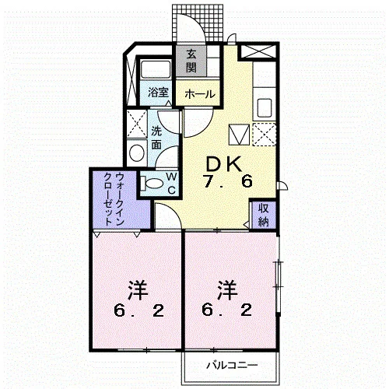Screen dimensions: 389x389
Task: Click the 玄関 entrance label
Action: [191, 61]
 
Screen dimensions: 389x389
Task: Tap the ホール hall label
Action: [200, 94]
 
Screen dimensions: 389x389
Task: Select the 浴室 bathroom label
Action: [158, 93]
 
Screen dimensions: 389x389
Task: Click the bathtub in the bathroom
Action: [156, 69]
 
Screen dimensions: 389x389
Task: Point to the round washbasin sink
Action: [137, 153]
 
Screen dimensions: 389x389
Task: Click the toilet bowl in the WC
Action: [154, 184]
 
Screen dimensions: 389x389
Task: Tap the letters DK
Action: [223, 164]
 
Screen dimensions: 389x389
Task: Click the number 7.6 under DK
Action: [228, 181]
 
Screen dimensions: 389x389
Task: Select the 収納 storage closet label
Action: [264, 215]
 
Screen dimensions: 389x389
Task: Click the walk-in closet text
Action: [114, 198]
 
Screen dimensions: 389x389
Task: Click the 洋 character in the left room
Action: [138, 289]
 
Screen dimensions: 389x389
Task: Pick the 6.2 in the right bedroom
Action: [227, 310]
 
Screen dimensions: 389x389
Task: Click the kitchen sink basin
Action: [265, 108]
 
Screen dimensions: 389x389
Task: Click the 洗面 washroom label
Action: [156, 138]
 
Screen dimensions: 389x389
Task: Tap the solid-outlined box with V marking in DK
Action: [239, 135]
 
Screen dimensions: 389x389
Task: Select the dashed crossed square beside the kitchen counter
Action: [265, 135]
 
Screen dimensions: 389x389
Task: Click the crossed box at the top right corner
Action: [258, 51]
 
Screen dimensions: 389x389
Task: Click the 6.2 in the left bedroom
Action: [138, 311]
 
